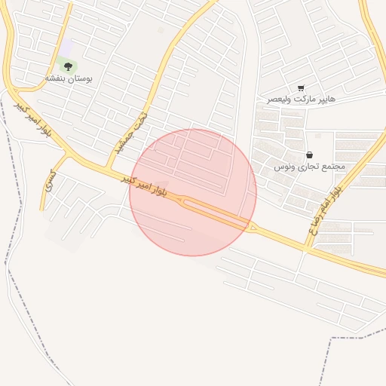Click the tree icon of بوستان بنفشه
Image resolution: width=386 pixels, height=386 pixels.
68,66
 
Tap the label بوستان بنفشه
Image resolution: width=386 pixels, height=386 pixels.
68,78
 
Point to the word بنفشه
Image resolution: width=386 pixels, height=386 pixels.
56,78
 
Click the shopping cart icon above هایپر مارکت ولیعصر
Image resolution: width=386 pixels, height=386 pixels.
302,89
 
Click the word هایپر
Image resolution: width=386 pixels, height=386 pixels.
326,100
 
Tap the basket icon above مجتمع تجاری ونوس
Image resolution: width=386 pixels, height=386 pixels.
309,155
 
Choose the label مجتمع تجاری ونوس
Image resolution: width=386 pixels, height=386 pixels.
309,166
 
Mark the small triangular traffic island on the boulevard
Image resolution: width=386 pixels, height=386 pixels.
253,228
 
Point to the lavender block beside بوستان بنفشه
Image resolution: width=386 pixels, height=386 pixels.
68,47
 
